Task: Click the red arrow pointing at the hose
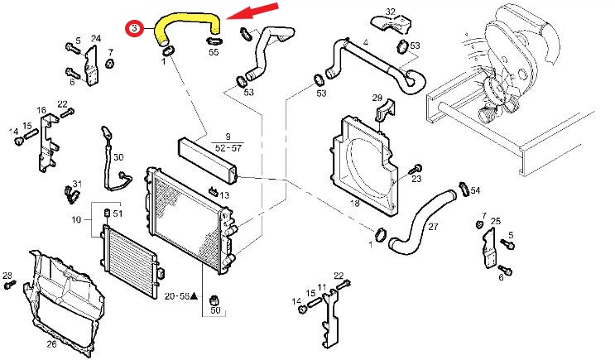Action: tap(253, 12)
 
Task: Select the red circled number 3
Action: tap(135, 28)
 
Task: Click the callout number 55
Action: tap(214, 52)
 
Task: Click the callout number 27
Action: tap(433, 226)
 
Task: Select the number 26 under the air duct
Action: tap(52, 344)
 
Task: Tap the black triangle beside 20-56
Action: tap(194, 296)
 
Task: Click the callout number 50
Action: tap(215, 310)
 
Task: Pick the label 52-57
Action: tap(228, 148)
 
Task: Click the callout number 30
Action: tap(118, 157)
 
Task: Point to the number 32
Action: tap(390, 12)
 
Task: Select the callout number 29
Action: tap(377, 98)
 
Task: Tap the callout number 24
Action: tap(96, 38)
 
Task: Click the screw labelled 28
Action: tap(10, 285)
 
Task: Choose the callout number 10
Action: tap(76, 219)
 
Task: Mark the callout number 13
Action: tap(224, 195)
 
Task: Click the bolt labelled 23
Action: tap(415, 170)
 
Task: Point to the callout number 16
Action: tap(41, 110)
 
